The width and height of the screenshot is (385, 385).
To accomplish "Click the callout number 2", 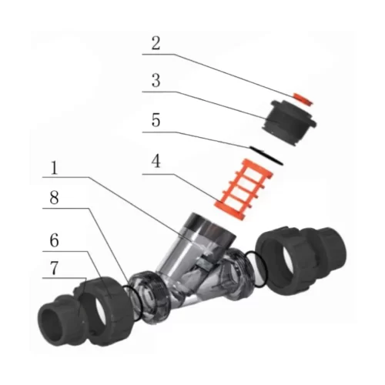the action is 156,43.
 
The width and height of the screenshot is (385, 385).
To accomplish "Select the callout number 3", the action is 156,80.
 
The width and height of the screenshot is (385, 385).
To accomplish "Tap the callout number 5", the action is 156,120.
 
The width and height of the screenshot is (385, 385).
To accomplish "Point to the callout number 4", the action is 156,162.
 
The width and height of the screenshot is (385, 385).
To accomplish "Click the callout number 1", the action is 54,168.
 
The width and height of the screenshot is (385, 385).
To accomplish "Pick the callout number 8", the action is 54,198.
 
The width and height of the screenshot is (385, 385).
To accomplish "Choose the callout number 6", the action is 54,240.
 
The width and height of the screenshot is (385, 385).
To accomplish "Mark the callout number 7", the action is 54,268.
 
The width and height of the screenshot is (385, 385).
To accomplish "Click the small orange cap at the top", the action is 303,99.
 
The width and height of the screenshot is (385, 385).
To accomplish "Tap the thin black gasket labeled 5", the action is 266,156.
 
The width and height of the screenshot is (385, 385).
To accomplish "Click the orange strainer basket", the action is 243,189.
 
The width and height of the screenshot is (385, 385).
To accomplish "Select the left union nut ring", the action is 102,310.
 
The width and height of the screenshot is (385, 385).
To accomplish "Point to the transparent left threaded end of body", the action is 149,296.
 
